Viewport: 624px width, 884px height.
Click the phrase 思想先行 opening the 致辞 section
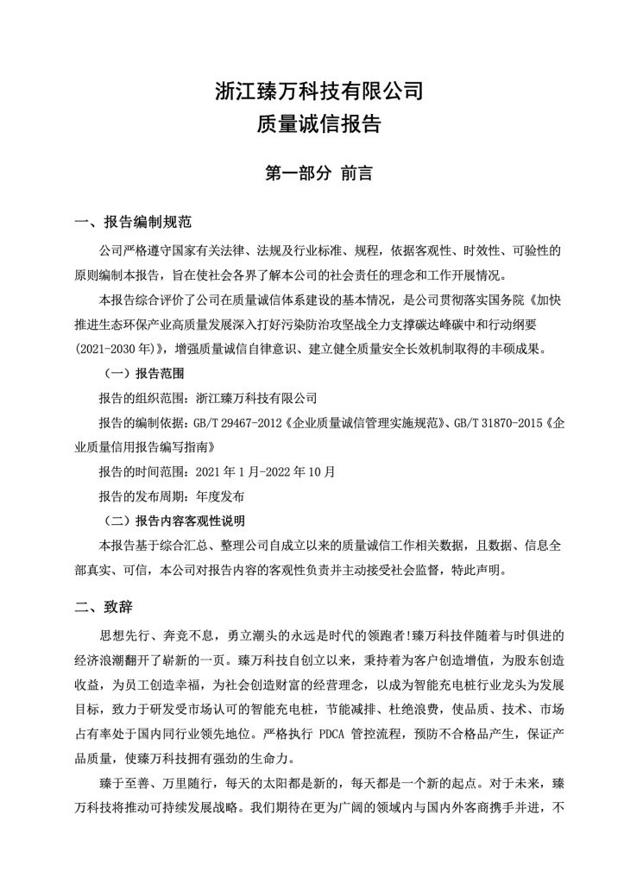125,635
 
